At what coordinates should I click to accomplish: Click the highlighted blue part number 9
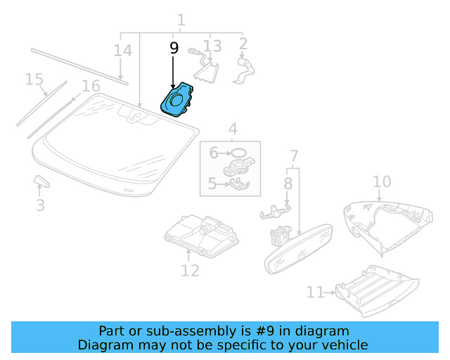click(x=179, y=99)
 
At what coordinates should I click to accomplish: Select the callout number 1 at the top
click(x=181, y=20)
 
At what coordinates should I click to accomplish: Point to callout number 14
click(x=122, y=51)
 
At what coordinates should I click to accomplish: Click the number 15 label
click(x=34, y=79)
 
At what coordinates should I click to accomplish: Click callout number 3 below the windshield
click(x=41, y=205)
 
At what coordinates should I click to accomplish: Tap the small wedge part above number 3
click(x=41, y=182)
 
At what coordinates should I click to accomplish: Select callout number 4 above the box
click(x=232, y=129)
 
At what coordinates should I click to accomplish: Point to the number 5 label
click(x=212, y=185)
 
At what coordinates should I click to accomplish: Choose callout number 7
click(x=294, y=155)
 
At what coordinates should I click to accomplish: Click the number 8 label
click(x=288, y=183)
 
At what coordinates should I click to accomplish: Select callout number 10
click(x=381, y=182)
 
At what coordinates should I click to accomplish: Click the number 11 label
click(x=315, y=292)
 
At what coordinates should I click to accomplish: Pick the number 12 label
click(x=190, y=269)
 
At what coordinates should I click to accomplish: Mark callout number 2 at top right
click(x=243, y=44)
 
